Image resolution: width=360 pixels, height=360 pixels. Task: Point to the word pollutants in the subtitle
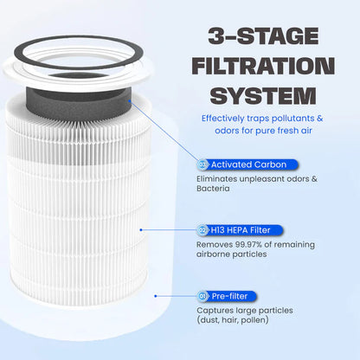tap(292, 118)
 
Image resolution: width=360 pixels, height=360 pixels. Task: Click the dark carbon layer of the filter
tap(87, 81)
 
